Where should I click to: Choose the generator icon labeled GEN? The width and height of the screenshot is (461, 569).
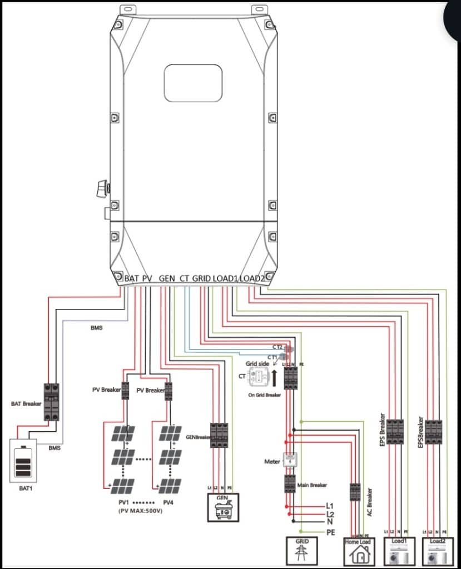coord(222,507)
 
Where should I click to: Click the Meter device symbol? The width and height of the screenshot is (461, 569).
coord(290,460)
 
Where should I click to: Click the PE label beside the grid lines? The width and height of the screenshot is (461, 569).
coord(331,532)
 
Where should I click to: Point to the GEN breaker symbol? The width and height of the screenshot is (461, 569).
coord(219,435)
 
